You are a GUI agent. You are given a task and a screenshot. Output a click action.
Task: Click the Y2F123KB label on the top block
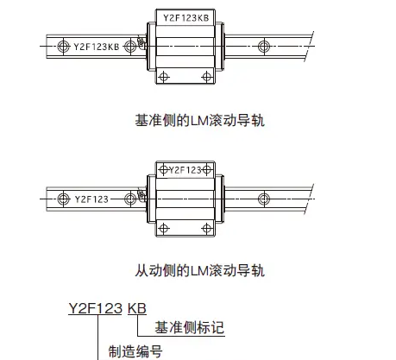(x=186, y=18)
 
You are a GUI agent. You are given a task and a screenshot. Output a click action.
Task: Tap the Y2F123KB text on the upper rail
(x=97, y=47)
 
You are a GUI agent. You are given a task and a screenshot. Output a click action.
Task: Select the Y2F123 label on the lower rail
(x=91, y=199)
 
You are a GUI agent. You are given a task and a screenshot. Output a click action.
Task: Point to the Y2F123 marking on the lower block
(x=185, y=170)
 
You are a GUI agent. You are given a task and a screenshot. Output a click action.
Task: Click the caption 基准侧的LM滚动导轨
(x=199, y=120)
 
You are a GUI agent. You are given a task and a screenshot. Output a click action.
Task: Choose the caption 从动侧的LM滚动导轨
(x=199, y=270)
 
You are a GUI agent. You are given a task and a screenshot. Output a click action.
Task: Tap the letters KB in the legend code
(x=137, y=308)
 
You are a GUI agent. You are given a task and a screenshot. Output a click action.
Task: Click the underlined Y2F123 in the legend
(x=95, y=308)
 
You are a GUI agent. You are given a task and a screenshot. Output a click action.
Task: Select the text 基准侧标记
(x=189, y=327)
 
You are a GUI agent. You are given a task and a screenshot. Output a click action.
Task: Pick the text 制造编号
(x=135, y=351)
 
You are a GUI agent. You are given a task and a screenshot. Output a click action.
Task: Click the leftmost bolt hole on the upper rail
(x=63, y=47)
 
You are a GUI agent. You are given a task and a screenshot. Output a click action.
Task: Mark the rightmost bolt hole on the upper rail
(x=264, y=47)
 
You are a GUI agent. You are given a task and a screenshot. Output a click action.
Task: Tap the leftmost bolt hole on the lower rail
(x=63, y=199)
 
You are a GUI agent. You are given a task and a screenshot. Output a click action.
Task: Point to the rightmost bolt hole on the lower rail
(x=264, y=199)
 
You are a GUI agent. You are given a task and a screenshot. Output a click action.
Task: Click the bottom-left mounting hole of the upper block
(x=164, y=77)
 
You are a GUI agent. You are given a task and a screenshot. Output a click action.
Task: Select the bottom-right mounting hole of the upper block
(x=207, y=77)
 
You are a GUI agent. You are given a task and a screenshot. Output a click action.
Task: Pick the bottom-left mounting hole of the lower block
(x=164, y=229)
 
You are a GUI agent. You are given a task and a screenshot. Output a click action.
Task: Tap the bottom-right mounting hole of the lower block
(x=207, y=229)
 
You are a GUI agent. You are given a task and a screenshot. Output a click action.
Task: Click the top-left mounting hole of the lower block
(x=163, y=170)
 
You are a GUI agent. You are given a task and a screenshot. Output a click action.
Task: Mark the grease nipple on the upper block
(x=141, y=42)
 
